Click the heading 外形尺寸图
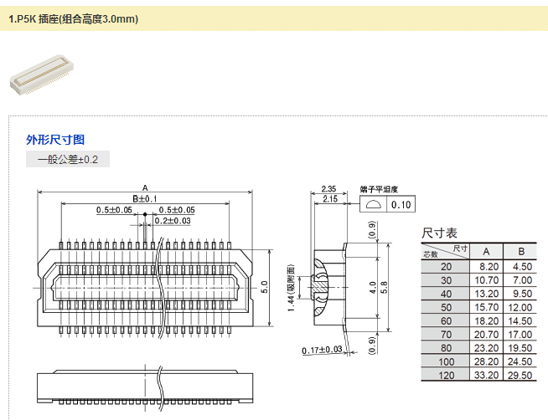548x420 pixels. point(55,140)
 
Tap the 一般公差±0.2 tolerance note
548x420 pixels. point(68,159)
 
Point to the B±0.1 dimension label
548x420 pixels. point(145,198)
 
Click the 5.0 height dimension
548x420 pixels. point(264,287)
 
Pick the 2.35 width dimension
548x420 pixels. point(329,189)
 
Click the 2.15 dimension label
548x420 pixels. point(329,199)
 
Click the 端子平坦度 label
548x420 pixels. point(379,189)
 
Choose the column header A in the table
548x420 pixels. point(486,251)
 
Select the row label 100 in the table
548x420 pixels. point(445,361)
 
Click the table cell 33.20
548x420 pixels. point(486,375)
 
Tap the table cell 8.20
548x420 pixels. point(489,266)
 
